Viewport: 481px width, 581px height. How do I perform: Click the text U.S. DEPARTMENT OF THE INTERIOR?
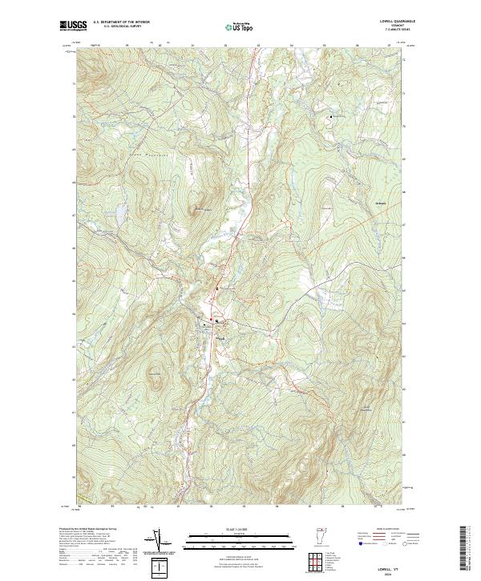[123, 22]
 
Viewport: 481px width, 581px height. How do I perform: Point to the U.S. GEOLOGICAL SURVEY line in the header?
[123, 26]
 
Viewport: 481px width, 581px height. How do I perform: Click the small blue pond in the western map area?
[119, 213]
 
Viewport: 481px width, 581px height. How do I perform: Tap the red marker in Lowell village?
[212, 320]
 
